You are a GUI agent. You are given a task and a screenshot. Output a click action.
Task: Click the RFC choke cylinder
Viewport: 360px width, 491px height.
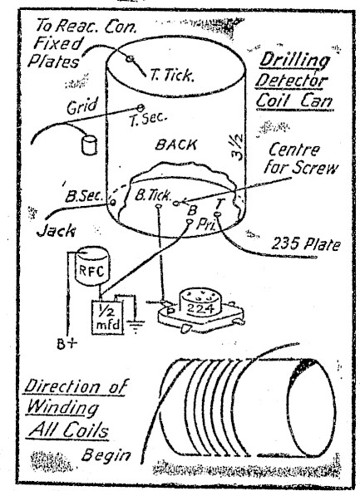93,266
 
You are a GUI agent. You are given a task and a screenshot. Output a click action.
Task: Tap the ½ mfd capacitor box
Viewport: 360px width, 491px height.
107,317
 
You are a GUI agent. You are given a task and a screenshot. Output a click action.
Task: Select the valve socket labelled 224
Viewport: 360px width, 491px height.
200,310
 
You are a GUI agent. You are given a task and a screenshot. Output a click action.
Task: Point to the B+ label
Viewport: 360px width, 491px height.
67,344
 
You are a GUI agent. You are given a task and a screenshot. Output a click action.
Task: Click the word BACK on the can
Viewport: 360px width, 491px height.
176,145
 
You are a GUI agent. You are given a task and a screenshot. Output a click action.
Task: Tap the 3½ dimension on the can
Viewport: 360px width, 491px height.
238,147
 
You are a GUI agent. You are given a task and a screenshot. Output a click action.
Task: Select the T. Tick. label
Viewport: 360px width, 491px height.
171,75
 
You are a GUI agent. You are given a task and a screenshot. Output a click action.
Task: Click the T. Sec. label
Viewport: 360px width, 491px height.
148,119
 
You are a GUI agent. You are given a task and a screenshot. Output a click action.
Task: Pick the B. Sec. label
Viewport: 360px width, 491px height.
84,196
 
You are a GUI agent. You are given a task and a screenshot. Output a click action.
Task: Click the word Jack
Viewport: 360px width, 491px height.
57,231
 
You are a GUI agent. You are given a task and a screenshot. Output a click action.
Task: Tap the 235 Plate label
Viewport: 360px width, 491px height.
305,244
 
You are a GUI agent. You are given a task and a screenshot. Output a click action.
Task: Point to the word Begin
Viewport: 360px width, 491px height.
106,455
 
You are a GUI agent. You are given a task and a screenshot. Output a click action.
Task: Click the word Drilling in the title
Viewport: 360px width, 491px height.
294,60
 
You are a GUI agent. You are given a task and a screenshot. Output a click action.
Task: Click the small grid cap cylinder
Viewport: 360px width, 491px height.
89,145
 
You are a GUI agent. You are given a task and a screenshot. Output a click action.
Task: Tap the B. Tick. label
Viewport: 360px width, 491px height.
153,195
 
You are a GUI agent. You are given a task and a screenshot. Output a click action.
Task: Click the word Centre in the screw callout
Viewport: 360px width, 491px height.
294,150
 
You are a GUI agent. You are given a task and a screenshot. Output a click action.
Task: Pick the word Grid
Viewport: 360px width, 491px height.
82,106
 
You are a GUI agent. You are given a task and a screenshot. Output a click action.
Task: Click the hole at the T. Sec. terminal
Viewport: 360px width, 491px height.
141,108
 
